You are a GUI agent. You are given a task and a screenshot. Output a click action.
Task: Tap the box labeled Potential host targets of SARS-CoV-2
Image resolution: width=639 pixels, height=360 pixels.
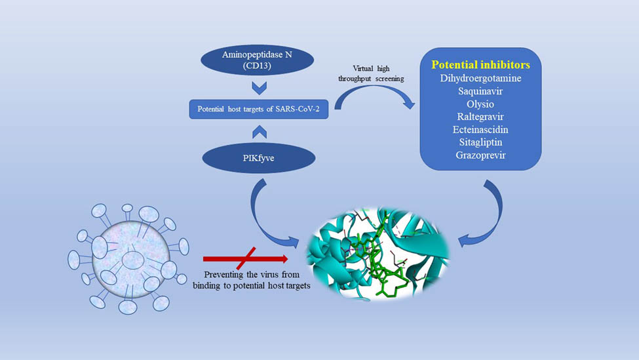[258, 109]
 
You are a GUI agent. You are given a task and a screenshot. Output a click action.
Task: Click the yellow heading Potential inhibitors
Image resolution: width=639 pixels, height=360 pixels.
[480, 65]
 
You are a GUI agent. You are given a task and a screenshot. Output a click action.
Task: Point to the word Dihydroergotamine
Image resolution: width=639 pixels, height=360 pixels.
[480, 78]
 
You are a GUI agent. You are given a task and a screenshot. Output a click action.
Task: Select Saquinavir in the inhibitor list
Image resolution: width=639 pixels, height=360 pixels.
[480, 91]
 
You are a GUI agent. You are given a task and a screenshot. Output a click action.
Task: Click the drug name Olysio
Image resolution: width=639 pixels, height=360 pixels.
[480, 104]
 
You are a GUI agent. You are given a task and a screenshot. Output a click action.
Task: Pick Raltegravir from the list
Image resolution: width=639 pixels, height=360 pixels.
[480, 117]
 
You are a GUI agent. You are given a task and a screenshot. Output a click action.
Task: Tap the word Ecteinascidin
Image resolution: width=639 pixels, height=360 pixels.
[480, 130]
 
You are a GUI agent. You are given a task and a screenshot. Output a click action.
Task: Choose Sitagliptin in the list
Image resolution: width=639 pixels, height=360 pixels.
[480, 142]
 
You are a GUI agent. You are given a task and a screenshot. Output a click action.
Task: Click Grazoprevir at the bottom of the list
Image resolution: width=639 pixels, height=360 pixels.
[480, 155]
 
